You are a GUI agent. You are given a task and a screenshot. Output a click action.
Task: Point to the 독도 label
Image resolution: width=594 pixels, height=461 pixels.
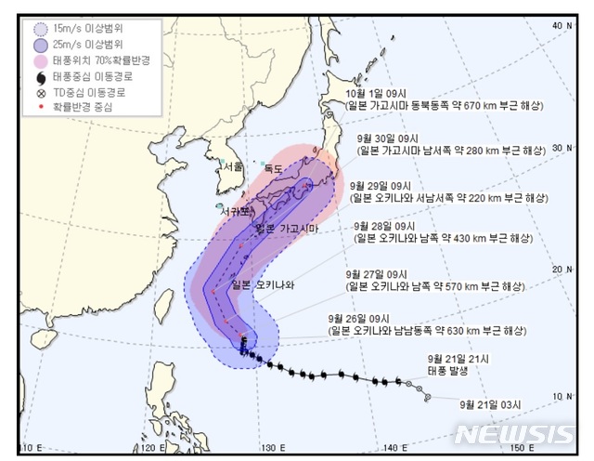[273, 169]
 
